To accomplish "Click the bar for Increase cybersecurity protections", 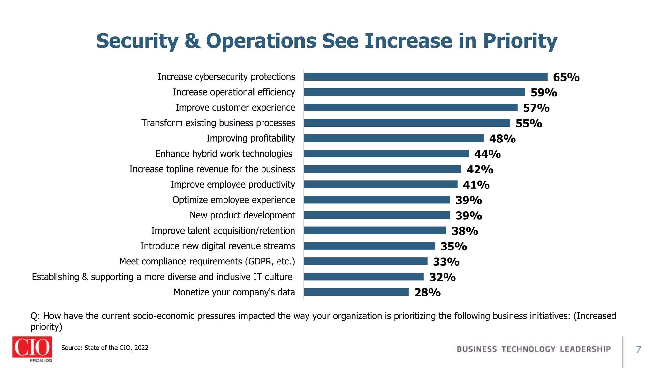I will pyautogui.click(x=425, y=77).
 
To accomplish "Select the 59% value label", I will pyautogui.click(x=544, y=93).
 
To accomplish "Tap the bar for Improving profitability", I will pyautogui.click(x=393, y=138).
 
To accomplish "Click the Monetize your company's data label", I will pyautogui.click(x=234, y=292).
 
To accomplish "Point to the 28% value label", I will pyautogui.click(x=427, y=293).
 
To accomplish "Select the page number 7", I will pyautogui.click(x=638, y=349).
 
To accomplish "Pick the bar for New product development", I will pyautogui.click(x=377, y=215).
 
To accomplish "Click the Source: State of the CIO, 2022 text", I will pyautogui.click(x=105, y=348).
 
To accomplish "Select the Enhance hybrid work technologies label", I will pyautogui.click(x=224, y=154).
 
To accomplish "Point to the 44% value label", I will pyautogui.click(x=487, y=154).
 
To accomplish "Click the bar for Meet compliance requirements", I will pyautogui.click(x=365, y=261).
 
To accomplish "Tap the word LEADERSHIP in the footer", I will pyautogui.click(x=585, y=349).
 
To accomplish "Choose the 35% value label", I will pyautogui.click(x=453, y=247).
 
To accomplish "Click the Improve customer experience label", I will pyautogui.click(x=235, y=108).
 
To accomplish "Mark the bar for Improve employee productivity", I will pyautogui.click(x=380, y=185).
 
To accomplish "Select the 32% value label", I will pyautogui.click(x=442, y=277).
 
